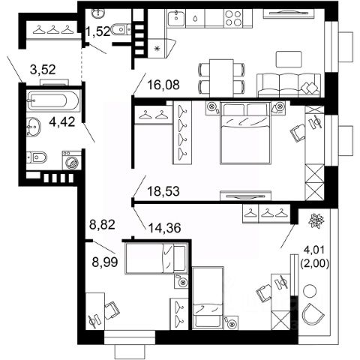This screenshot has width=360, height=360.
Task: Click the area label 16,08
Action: (163, 85)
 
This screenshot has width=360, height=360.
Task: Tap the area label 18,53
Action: (163, 191)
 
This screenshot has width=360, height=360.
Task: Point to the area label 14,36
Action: (164, 228)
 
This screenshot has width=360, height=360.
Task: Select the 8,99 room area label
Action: (105, 262)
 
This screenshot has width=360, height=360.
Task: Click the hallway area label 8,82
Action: (103, 224)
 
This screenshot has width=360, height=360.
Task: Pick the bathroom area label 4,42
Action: (62, 122)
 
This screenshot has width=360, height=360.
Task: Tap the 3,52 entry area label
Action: (43, 70)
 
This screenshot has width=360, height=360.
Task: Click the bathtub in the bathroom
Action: (54, 100)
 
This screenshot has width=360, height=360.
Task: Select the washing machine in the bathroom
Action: (72, 160)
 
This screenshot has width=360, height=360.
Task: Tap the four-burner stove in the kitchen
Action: (234, 18)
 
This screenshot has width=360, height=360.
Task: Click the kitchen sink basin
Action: (176, 18)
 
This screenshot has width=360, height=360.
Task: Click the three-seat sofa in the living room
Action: (289, 85)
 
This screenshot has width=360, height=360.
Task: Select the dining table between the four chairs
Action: (221, 78)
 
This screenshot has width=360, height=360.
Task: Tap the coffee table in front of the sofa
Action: (289, 59)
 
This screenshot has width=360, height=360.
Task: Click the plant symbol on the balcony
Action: (316, 220)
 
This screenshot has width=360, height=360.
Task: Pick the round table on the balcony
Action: (310, 291)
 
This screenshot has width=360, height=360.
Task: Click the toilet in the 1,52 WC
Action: (121, 29)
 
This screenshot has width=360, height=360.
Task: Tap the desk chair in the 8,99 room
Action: (112, 310)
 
